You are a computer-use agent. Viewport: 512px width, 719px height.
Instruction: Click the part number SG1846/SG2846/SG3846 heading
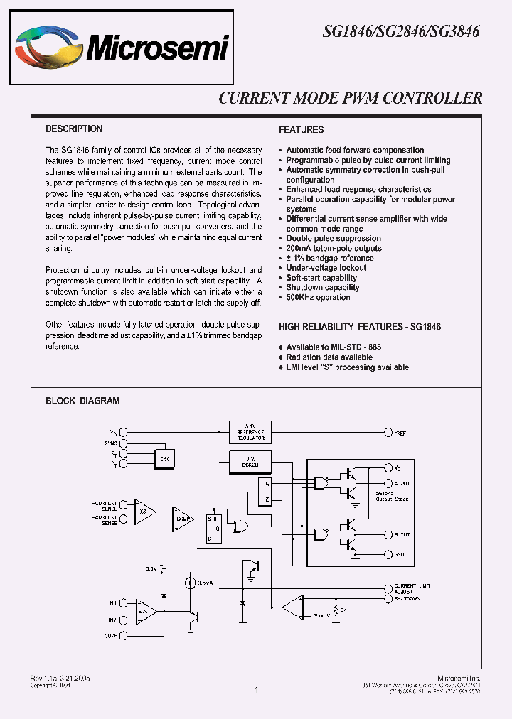[x=402, y=32]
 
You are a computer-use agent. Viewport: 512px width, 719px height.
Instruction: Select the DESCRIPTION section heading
[x=74, y=129]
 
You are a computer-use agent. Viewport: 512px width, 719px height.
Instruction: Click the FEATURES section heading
[x=301, y=130]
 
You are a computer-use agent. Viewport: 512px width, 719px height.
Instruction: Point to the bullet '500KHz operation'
[x=318, y=297]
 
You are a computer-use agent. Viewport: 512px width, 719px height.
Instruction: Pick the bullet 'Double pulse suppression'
[x=333, y=239]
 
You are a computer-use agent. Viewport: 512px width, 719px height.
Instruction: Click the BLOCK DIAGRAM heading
[x=82, y=401]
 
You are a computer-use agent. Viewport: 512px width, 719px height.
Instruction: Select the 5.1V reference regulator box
[x=250, y=432]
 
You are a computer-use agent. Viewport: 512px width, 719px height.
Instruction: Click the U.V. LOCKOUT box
[x=250, y=462]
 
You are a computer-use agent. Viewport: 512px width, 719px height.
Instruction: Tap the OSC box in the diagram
[x=166, y=459]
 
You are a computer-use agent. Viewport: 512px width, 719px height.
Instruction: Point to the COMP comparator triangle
[x=183, y=518]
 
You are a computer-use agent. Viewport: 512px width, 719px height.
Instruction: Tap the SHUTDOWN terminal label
[x=407, y=598]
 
